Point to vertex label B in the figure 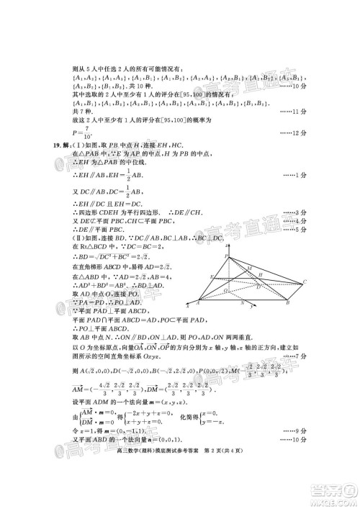click(x=288, y=305)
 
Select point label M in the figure click(x=249, y=269)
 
